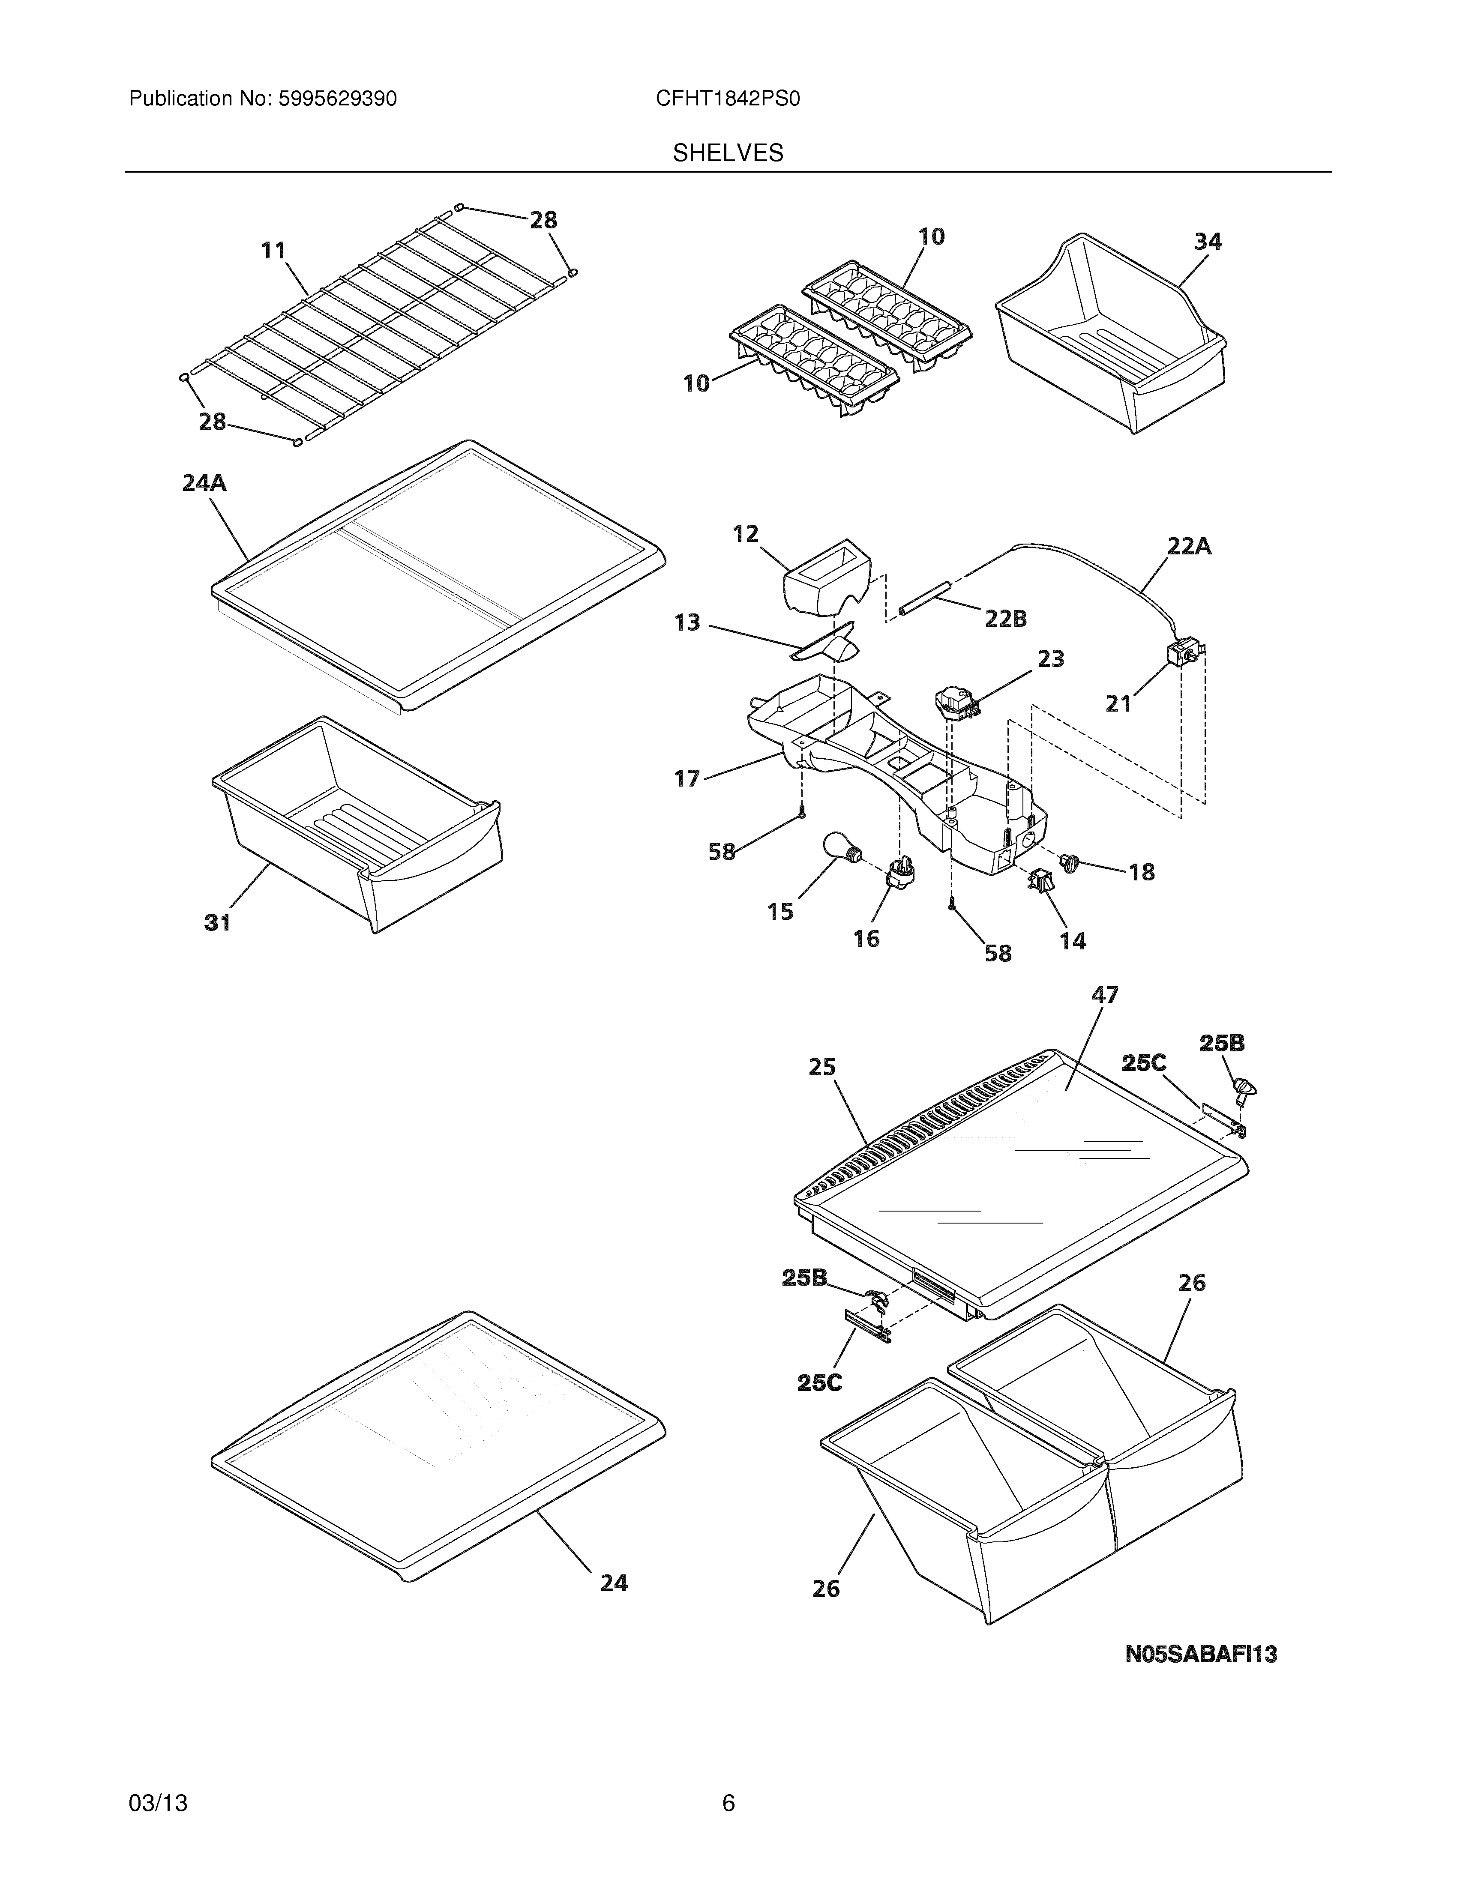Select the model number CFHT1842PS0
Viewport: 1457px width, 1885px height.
coord(728,99)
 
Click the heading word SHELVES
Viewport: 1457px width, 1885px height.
coord(728,154)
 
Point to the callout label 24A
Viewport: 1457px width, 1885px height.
coord(204,483)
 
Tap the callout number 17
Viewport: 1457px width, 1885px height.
coord(687,779)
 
